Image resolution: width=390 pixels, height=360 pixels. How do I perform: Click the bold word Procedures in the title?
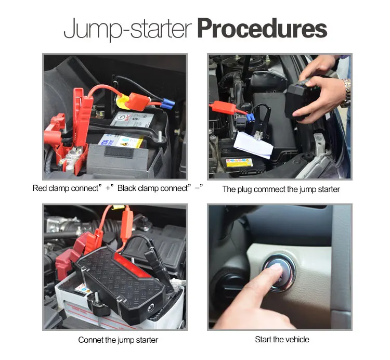pyautogui.click(x=262, y=29)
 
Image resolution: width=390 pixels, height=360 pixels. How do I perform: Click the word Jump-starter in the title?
pyautogui.click(x=127, y=29)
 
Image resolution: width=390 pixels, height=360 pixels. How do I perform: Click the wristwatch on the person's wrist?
pyautogui.click(x=346, y=93)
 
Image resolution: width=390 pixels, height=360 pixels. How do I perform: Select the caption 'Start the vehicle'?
pyautogui.click(x=282, y=339)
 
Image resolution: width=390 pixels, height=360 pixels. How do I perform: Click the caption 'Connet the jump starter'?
pyautogui.click(x=118, y=340)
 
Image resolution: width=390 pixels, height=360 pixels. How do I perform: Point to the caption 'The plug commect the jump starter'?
pyautogui.click(x=281, y=189)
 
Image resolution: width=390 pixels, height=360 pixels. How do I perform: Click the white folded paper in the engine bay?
pyautogui.click(x=253, y=144)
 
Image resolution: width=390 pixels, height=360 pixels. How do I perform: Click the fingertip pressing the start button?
pyautogui.click(x=276, y=269)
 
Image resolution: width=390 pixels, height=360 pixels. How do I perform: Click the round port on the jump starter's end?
pyautogui.click(x=151, y=308)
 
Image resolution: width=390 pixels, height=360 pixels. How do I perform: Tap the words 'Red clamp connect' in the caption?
pyautogui.click(x=66, y=188)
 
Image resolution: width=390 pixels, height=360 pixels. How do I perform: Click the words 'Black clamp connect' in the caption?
pyautogui.click(x=152, y=188)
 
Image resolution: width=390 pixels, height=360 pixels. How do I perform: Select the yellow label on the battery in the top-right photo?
pyautogui.click(x=239, y=162)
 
